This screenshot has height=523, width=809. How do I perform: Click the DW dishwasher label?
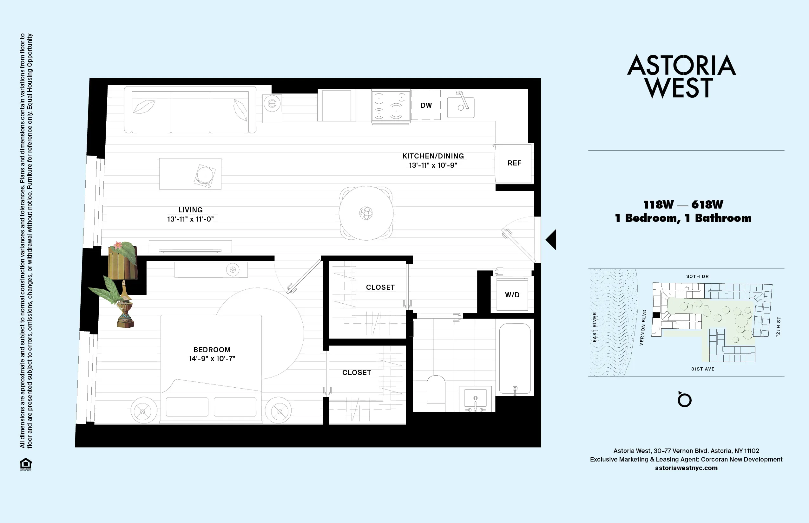(x=426, y=105)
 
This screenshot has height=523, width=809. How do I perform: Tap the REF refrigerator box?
(x=514, y=163)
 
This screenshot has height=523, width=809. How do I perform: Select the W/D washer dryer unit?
(x=512, y=294)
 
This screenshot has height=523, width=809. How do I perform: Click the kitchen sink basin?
(x=461, y=108)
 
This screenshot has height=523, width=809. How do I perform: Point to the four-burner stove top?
(x=391, y=105)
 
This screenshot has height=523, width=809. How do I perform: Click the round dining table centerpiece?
(x=366, y=213)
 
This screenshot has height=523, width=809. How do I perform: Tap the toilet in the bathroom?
(x=436, y=391)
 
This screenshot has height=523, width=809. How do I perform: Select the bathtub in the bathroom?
(x=515, y=358)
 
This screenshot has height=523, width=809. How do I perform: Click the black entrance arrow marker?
(x=552, y=240)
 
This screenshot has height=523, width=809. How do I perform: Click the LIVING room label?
(x=190, y=210)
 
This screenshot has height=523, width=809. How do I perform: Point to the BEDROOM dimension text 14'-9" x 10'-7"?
(x=212, y=358)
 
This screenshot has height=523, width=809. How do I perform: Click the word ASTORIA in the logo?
(x=681, y=65)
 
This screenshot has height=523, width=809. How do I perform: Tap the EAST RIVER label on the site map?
(x=595, y=327)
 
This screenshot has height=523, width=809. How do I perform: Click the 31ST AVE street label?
(x=703, y=369)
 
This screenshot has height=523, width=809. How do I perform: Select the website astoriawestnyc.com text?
(x=686, y=468)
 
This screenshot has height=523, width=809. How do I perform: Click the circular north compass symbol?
(x=684, y=400)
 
